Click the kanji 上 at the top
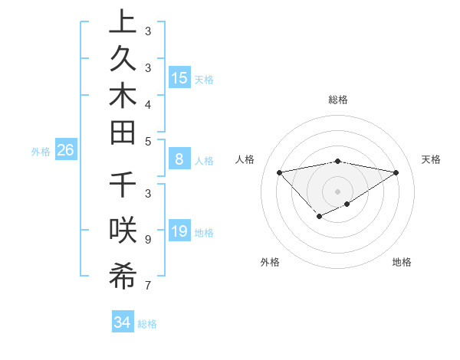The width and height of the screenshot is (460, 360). click(x=123, y=23)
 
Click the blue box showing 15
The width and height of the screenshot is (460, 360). click(x=179, y=78)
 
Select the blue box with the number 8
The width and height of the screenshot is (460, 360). click(x=179, y=160)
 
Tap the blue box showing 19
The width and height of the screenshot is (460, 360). click(x=179, y=232)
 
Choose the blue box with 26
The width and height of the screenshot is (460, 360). click(x=65, y=151)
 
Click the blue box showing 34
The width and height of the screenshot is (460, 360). click(x=122, y=322)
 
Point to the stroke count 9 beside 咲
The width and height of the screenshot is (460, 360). click(x=147, y=240)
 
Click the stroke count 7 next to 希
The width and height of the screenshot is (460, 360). click(x=147, y=286)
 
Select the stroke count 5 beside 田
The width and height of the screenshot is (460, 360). click(x=147, y=141)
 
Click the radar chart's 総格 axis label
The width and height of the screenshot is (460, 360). click(x=338, y=100)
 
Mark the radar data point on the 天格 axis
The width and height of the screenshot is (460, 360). click(x=396, y=172)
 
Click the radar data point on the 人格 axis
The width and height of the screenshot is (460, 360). click(x=280, y=172)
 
